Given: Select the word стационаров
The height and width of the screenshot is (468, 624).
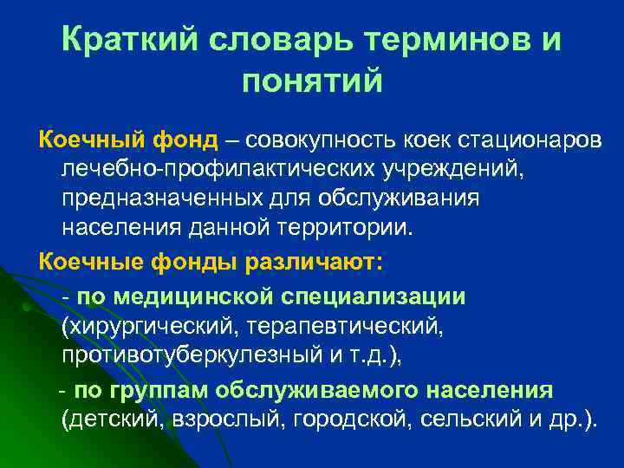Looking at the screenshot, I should [x=518, y=141].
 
